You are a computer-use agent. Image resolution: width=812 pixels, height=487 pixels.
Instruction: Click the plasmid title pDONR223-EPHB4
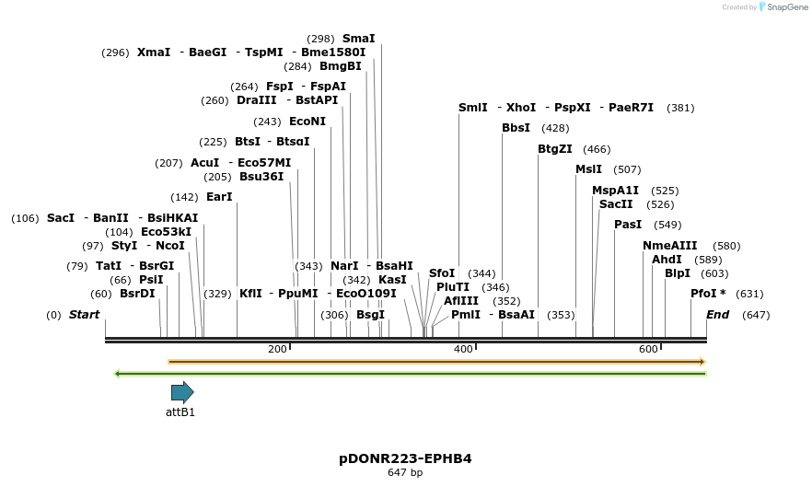pyautogui.click(x=405, y=458)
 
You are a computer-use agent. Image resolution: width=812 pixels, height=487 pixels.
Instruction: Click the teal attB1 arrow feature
pyautogui.click(x=182, y=392)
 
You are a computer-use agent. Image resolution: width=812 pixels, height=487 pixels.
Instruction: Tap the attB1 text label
pyautogui.click(x=180, y=412)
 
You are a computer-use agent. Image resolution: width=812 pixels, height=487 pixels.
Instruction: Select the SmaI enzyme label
pyautogui.click(x=358, y=39)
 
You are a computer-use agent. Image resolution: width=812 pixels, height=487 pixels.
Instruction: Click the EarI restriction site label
pyautogui.click(x=219, y=197)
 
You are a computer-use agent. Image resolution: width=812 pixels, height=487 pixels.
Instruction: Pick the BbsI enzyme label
pyautogui.click(x=516, y=128)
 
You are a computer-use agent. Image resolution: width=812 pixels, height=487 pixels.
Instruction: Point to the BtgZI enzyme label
pyautogui.click(x=555, y=149)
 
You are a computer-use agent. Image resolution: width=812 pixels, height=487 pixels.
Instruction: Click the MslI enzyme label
pyautogui.click(x=588, y=169)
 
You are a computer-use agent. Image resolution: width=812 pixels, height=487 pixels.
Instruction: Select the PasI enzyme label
pyautogui.click(x=628, y=225)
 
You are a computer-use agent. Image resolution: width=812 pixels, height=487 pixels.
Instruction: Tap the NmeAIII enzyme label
pyautogui.click(x=670, y=246)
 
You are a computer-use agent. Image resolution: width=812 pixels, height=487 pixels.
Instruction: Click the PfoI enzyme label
pyautogui.click(x=708, y=294)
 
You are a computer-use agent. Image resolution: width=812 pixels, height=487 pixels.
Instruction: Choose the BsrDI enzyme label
pyautogui.click(x=137, y=294)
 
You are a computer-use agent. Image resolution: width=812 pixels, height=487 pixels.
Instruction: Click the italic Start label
pyautogui.click(x=84, y=315)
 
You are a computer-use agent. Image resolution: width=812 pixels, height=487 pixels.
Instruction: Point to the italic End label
pyautogui.click(x=717, y=315)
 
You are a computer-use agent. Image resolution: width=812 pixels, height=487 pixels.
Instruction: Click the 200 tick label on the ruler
pyautogui.click(x=277, y=349)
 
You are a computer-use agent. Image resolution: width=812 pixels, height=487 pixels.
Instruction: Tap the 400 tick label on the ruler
pyautogui.click(x=463, y=349)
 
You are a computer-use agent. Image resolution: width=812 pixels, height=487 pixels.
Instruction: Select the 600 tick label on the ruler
pyautogui.click(x=648, y=349)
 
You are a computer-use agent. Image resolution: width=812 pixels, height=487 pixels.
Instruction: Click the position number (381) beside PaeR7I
pyautogui.click(x=680, y=108)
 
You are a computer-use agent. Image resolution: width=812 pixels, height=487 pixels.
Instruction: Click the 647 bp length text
pyautogui.click(x=405, y=472)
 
